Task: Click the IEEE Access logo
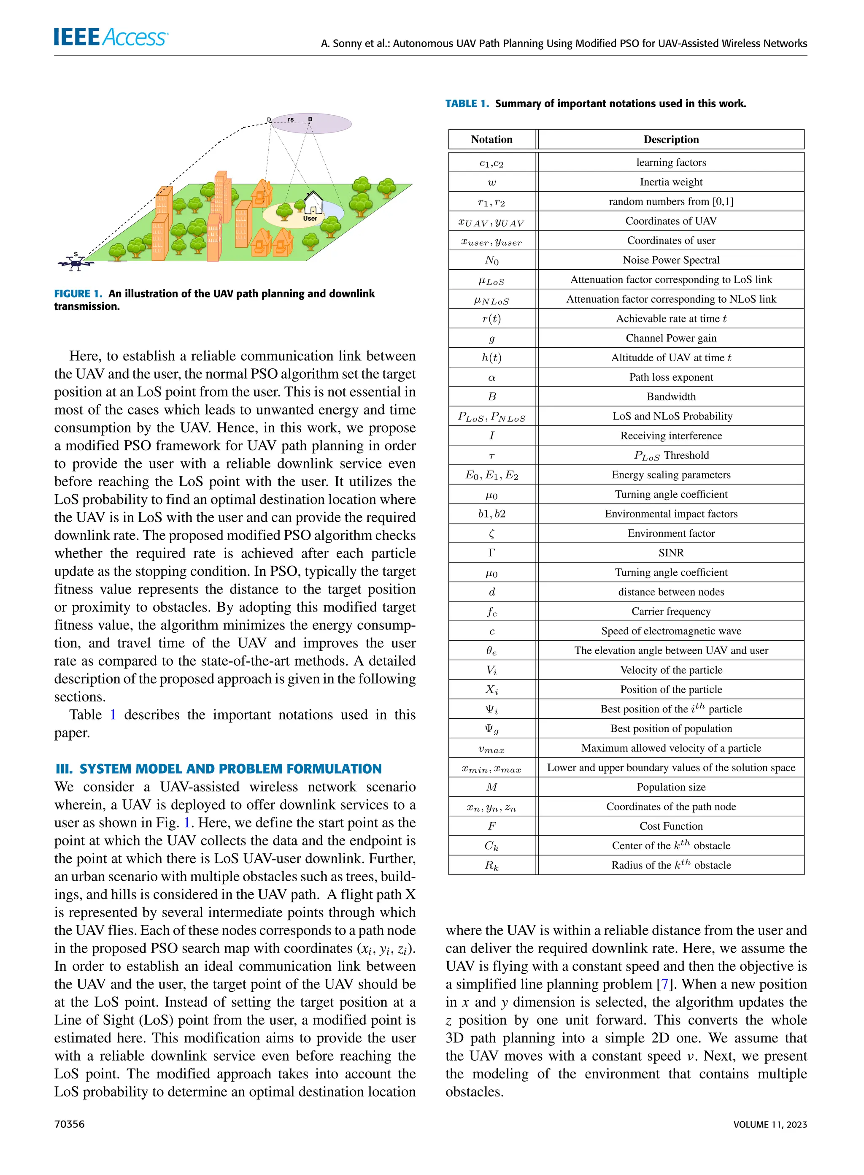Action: pyautogui.click(x=111, y=37)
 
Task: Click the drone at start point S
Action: pyautogui.click(x=76, y=263)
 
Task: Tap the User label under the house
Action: pyautogui.click(x=310, y=218)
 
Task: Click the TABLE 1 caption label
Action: pyautogui.click(x=467, y=103)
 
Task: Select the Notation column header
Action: pyautogui.click(x=491, y=139)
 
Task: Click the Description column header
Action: pyautogui.click(x=671, y=139)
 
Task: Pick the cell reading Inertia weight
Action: pyautogui.click(x=671, y=182)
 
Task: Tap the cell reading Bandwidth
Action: pyautogui.click(x=671, y=397)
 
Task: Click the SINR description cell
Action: pyautogui.click(x=671, y=553)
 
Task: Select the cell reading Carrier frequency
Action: pyautogui.click(x=671, y=611)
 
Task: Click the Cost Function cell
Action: pyautogui.click(x=671, y=826)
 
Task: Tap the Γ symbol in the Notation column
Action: pyautogui.click(x=491, y=553)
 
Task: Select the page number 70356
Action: pyautogui.click(x=69, y=1124)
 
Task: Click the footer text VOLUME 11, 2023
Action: pyautogui.click(x=770, y=1125)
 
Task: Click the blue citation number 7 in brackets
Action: pyautogui.click(x=664, y=984)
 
